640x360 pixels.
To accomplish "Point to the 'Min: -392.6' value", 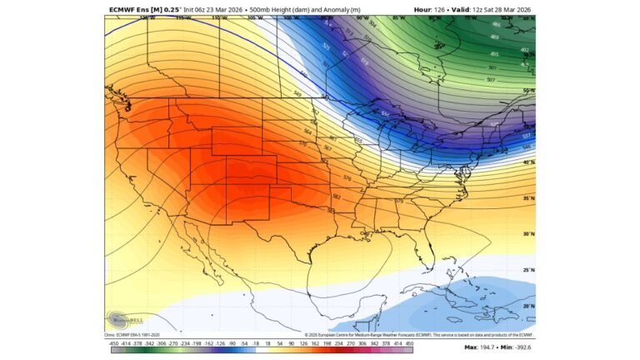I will [x=516, y=347].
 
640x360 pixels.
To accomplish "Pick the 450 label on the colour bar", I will [x=408, y=342].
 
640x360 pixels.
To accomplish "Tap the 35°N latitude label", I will [x=528, y=198].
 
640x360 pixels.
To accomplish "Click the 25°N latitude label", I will [x=528, y=270].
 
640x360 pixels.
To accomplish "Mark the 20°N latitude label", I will [x=528, y=306].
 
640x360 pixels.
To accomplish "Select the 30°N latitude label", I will [x=528, y=234].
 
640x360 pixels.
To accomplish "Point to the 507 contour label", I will [x=492, y=81].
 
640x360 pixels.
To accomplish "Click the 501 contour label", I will [x=493, y=67].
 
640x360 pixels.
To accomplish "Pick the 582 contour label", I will [x=336, y=197].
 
